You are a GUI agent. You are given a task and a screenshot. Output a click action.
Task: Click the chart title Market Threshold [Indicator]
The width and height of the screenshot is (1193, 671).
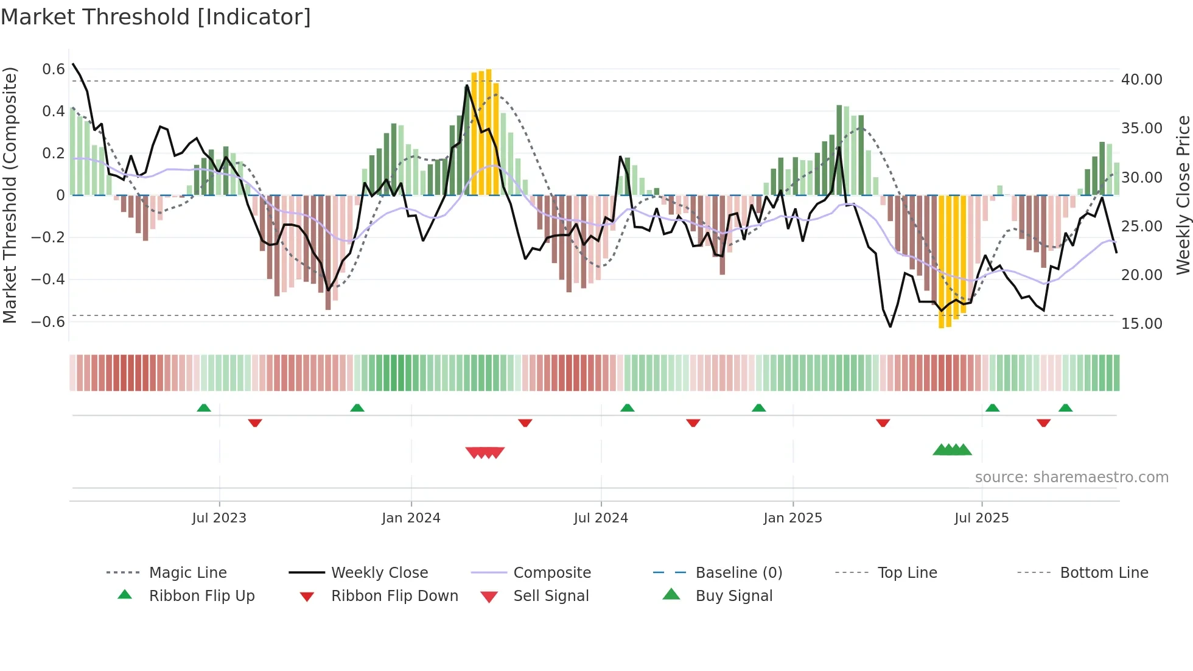156,17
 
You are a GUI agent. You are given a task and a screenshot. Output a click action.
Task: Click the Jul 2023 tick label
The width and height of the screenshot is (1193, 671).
219,518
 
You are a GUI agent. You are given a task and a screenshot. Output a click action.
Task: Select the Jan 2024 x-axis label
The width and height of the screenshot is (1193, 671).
411,518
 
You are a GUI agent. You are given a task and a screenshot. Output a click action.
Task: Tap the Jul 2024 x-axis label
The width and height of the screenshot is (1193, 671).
601,518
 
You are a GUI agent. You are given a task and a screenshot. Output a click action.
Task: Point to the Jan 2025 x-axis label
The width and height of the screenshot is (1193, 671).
792,518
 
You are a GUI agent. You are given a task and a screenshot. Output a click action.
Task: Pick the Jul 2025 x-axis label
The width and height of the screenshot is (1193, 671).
982,518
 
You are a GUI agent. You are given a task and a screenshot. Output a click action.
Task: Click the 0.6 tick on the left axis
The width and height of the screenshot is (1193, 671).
54,69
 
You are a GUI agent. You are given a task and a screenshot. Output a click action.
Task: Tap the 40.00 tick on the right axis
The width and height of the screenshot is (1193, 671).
1142,80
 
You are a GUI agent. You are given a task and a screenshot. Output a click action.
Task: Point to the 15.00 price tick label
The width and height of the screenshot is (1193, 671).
1142,324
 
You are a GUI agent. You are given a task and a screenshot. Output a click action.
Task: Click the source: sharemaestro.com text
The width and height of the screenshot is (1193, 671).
1072,477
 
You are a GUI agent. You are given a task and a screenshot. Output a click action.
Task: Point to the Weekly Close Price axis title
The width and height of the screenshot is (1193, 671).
1183,195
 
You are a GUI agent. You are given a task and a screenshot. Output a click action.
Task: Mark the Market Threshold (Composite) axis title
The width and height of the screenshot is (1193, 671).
10,195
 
